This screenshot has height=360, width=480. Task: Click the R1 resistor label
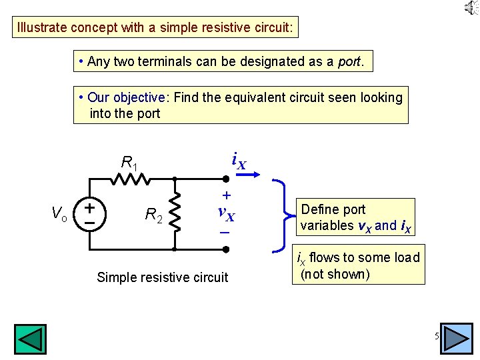pos(129,162)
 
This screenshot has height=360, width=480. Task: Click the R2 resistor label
pos(154,215)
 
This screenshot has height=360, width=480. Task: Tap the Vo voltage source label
pos(59,213)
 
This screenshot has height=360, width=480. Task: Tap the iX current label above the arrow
pos(239,160)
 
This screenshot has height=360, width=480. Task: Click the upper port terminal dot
pos(226,179)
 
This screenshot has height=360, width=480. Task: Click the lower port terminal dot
pos(226,249)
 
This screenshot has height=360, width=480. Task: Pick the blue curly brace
pos(283,215)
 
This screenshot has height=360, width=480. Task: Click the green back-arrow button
pos(31,339)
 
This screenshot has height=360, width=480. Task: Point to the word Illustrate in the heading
pos(42,28)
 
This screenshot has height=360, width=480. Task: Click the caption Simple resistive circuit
pos(162,277)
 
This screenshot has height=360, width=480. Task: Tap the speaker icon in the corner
pos(471,8)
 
